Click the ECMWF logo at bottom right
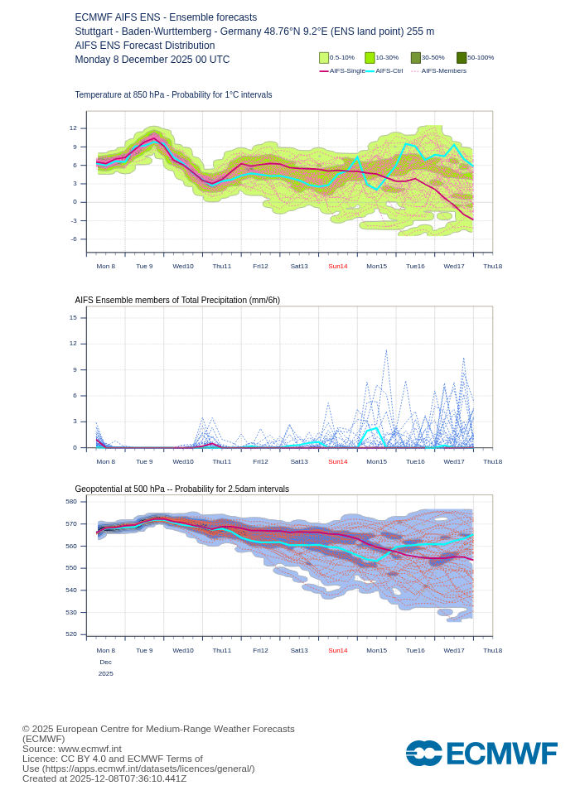pos(481,754)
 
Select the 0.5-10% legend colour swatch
pos(324,58)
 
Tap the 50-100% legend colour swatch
pos(462,58)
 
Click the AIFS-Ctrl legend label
pos(389,71)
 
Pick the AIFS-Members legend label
pos(443,71)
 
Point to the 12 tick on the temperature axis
pos(73,128)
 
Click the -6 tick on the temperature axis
pos(73,239)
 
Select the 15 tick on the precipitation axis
pos(73,317)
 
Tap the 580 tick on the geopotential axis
pos(71,501)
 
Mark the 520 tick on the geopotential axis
pos(71,634)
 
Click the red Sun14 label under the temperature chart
pos(338,266)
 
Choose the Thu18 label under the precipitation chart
pos(492,461)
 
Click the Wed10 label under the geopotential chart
pos(183,650)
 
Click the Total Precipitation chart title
pos(177,300)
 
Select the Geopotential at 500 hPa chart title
pos(181,489)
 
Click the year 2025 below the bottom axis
pos(106,673)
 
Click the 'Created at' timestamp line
pos(104,778)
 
